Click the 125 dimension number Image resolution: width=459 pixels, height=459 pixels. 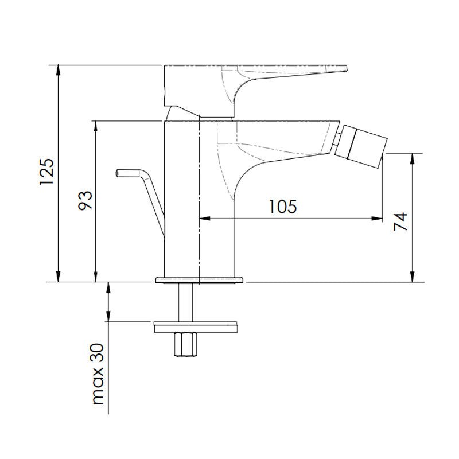[x=47, y=172]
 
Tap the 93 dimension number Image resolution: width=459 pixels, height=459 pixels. [x=85, y=200]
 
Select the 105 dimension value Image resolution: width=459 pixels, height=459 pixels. [x=283, y=207]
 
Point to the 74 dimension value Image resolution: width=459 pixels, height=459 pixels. [x=400, y=221]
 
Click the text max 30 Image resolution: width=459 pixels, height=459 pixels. [x=98, y=374]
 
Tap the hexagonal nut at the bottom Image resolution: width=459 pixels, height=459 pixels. [x=185, y=345]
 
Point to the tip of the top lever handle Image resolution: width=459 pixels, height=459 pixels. [x=347, y=68]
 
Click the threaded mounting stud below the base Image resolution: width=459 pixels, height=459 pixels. [x=185, y=303]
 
